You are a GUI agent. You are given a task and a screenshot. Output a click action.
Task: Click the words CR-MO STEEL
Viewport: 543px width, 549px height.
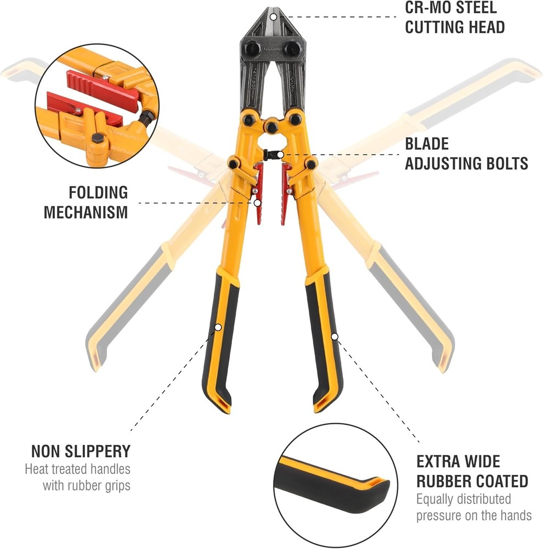click(x=451, y=9)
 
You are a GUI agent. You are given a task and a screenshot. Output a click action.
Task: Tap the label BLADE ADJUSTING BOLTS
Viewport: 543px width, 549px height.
click(x=466, y=154)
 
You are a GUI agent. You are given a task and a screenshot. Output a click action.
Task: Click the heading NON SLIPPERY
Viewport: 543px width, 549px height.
click(x=81, y=451)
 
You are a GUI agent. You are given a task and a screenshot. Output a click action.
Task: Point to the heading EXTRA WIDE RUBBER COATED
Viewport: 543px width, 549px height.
click(x=472, y=471)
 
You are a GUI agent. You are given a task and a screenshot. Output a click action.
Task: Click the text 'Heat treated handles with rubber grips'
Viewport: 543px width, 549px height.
click(x=77, y=478)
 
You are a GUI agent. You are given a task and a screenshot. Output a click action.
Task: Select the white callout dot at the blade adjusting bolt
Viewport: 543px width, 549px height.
click(x=281, y=155)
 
